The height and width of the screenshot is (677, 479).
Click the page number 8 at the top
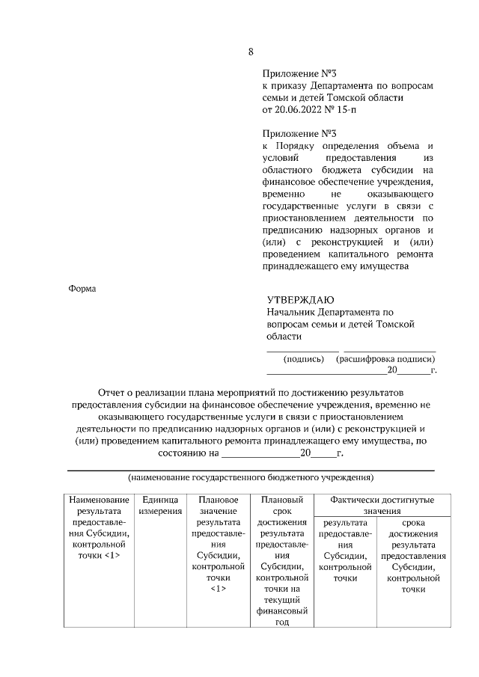tap(251, 52)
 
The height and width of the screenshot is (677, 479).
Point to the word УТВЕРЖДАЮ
tap(301, 300)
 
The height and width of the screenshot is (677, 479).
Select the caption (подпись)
tap(304, 358)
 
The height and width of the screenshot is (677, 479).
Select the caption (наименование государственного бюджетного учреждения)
tap(251, 477)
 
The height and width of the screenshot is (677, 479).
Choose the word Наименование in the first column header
tap(98, 500)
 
